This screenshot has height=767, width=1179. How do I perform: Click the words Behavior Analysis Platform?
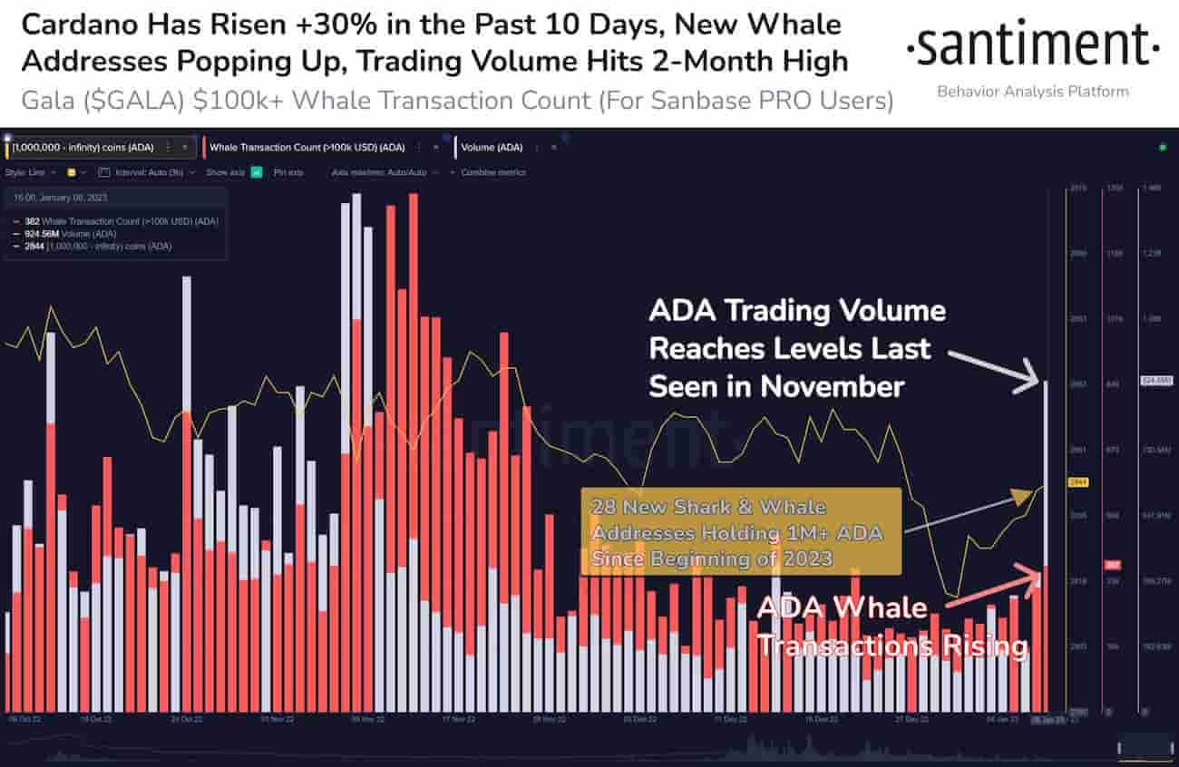1032,92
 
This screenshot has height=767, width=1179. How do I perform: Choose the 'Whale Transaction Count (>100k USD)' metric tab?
307,147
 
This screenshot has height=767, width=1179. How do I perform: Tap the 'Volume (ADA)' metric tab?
492,147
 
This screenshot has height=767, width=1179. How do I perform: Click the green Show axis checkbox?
257,172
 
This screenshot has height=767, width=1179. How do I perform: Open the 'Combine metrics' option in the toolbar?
492,172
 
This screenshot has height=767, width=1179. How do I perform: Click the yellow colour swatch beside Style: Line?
72,172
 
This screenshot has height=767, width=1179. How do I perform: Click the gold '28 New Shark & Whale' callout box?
740,531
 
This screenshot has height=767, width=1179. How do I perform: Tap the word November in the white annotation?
832,386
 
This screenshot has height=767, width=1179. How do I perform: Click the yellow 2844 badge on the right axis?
1079,482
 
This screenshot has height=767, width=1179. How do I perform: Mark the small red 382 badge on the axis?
1112,566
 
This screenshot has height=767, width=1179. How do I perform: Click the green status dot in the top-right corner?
1162,147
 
